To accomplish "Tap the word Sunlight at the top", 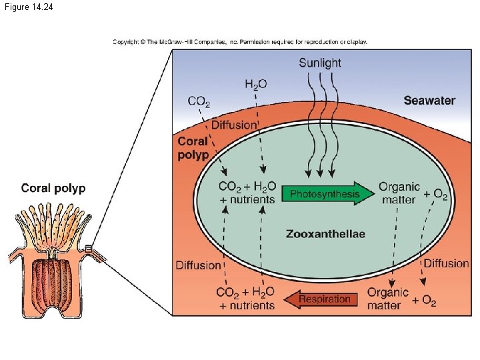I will click(320, 63).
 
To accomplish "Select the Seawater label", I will click(429, 101).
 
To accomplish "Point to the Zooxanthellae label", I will click(325, 234).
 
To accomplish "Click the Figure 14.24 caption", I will click(28, 7).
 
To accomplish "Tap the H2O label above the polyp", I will click(256, 85).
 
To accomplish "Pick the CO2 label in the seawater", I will click(199, 102).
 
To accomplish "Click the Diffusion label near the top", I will click(234, 125).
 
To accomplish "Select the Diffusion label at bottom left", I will click(198, 265).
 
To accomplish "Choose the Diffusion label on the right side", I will click(446, 263).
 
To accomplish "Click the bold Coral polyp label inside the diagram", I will click(193, 148).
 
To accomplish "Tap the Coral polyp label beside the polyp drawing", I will click(53, 188).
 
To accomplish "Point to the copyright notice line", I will click(240, 41).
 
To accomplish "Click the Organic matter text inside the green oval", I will click(399, 193).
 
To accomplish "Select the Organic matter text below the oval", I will click(387, 299).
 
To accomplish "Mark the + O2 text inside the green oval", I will click(436, 195).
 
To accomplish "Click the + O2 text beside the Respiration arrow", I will click(424, 301).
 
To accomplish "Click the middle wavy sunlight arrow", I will click(321, 127).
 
